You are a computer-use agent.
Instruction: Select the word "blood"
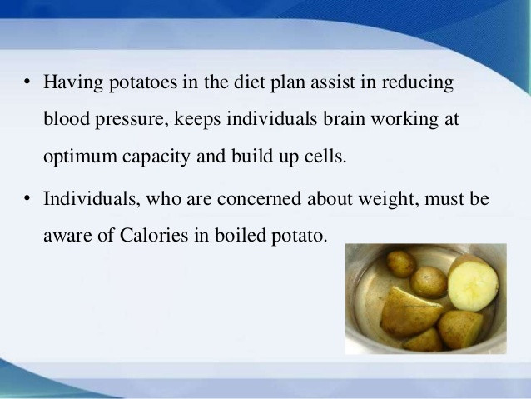click(67, 118)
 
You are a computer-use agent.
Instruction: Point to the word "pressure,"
click(132, 120)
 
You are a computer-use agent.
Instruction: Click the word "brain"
click(344, 118)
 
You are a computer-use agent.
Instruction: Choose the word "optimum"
click(80, 157)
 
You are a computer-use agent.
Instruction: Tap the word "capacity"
click(156, 157)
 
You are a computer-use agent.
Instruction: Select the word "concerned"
click(259, 198)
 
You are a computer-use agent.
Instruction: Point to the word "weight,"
click(389, 199)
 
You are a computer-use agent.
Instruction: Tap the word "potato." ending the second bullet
click(300, 236)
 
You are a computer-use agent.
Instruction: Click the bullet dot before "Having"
click(27, 82)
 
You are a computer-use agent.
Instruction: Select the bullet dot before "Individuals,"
click(27, 198)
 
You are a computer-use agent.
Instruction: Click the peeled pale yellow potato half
click(474, 284)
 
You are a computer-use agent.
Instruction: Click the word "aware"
click(67, 235)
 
